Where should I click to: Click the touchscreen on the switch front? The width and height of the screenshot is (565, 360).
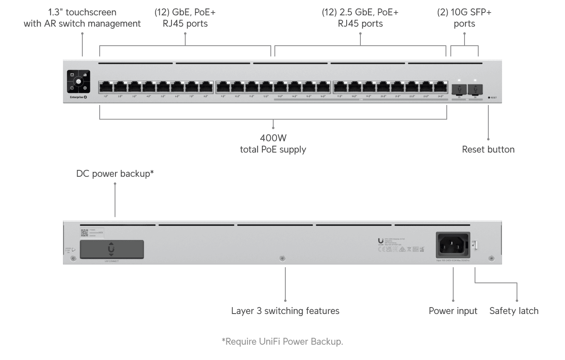(79, 82)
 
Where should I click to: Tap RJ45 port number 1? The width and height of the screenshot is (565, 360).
(106, 87)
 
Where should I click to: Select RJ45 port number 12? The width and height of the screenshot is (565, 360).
(266, 87)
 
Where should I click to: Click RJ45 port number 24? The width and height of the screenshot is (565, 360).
(440, 87)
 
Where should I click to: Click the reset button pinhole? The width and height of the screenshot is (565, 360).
(489, 98)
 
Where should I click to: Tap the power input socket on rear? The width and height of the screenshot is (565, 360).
(453, 245)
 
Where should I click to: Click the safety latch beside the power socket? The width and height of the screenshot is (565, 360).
(475, 245)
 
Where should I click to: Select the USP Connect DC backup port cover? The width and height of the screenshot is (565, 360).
(112, 249)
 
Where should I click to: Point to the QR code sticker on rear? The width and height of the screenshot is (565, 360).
(84, 233)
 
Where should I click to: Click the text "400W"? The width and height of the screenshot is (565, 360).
(273, 138)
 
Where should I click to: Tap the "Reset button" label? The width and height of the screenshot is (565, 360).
(488, 149)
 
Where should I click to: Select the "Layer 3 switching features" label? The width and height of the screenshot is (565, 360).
(285, 311)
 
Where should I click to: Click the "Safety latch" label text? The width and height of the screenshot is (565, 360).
(514, 311)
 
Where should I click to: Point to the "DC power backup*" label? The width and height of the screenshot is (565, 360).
(115, 174)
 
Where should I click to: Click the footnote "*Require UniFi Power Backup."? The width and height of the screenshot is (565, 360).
(282, 341)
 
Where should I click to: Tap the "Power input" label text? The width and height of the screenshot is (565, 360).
(453, 311)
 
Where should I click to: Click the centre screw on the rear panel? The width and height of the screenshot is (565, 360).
(282, 258)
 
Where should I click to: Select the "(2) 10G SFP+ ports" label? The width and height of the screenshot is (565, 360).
(464, 18)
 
